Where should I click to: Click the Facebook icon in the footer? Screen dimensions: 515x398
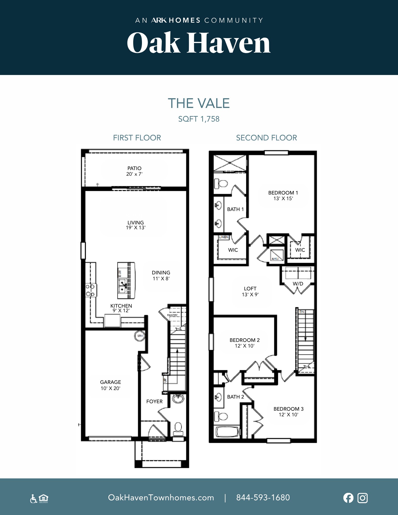[x=348, y=498]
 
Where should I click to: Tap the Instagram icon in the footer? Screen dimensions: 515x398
[x=362, y=498]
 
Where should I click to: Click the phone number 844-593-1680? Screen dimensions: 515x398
[x=263, y=497]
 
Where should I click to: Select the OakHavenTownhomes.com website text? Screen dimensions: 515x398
[x=161, y=497]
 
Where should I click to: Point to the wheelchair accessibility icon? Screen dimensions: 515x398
[x=33, y=499]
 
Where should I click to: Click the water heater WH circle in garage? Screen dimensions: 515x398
[x=140, y=336]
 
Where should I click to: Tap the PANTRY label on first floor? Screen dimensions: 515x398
[x=172, y=315]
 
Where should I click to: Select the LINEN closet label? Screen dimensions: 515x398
[x=223, y=237]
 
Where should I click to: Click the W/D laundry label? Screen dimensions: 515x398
[x=298, y=284]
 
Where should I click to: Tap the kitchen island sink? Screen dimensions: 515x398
[x=122, y=286]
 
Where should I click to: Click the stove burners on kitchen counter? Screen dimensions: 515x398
[x=90, y=290]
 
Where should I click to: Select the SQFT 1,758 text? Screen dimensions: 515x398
[x=199, y=119]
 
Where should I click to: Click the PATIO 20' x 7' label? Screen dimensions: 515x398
[x=134, y=171]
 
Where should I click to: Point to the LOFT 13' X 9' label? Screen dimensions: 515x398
[x=250, y=291]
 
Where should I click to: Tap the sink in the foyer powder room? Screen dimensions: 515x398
[x=178, y=399]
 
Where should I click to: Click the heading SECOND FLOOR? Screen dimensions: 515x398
[x=266, y=138]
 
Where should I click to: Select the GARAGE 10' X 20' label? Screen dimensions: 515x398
[x=111, y=385]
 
